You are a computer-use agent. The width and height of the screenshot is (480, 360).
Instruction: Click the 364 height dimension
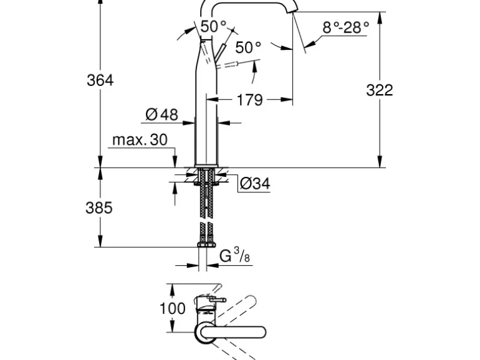click(x=100, y=80)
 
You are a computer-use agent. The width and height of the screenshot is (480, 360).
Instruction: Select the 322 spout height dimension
click(x=379, y=90)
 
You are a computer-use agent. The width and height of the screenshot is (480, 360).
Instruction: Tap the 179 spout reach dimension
click(x=250, y=100)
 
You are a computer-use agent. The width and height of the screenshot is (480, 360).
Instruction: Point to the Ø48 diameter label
click(x=161, y=115)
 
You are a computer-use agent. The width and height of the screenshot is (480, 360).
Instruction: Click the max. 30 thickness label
click(x=140, y=140)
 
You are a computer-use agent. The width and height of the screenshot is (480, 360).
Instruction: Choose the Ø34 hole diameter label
click(x=254, y=184)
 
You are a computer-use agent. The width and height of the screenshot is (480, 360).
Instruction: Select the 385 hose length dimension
click(x=98, y=208)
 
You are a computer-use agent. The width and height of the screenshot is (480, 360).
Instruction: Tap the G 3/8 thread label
click(x=234, y=256)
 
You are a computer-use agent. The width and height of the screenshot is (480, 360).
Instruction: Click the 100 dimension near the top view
click(x=173, y=308)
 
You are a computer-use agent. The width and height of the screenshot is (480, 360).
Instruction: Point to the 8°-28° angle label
click(x=346, y=27)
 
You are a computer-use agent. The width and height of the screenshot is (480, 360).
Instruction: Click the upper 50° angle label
click(x=213, y=27)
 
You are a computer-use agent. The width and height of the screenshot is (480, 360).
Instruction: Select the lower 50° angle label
click(x=248, y=47)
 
